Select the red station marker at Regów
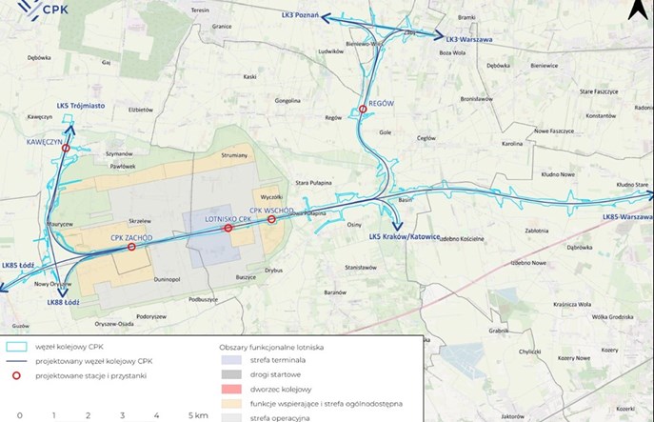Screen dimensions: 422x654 363,110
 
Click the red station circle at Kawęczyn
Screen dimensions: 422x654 65,149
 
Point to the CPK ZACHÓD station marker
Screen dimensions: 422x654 131,247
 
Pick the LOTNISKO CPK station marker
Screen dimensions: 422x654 228,229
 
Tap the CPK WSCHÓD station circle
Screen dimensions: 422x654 271,220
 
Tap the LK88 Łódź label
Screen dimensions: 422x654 63,302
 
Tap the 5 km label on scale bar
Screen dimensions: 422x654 197,416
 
